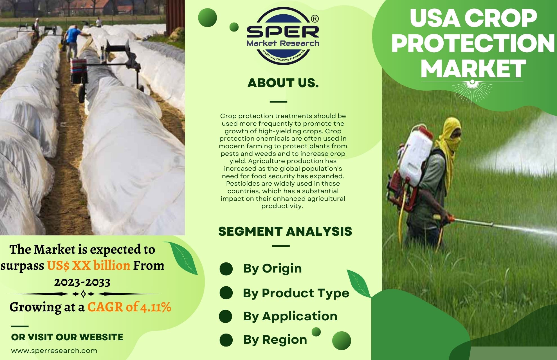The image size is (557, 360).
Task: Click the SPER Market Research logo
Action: (x=283, y=36)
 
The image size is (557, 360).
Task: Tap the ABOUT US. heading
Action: (x=283, y=83)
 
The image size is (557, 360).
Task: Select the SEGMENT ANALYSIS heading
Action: (x=285, y=231)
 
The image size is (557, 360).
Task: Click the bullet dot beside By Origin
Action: (x=226, y=269)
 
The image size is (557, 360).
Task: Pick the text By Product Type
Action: (x=296, y=293)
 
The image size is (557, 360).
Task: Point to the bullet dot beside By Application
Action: (x=226, y=316)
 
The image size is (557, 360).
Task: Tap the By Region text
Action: (x=275, y=339)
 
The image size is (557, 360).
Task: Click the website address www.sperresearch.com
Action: (x=54, y=351)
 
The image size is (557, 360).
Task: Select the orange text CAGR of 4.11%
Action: (x=129, y=307)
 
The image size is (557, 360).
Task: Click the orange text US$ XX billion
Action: (x=88, y=265)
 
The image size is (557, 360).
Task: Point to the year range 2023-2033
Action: (x=82, y=282)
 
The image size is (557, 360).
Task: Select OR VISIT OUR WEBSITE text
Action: (x=67, y=337)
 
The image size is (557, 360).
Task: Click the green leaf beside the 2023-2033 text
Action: (x=181, y=257)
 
